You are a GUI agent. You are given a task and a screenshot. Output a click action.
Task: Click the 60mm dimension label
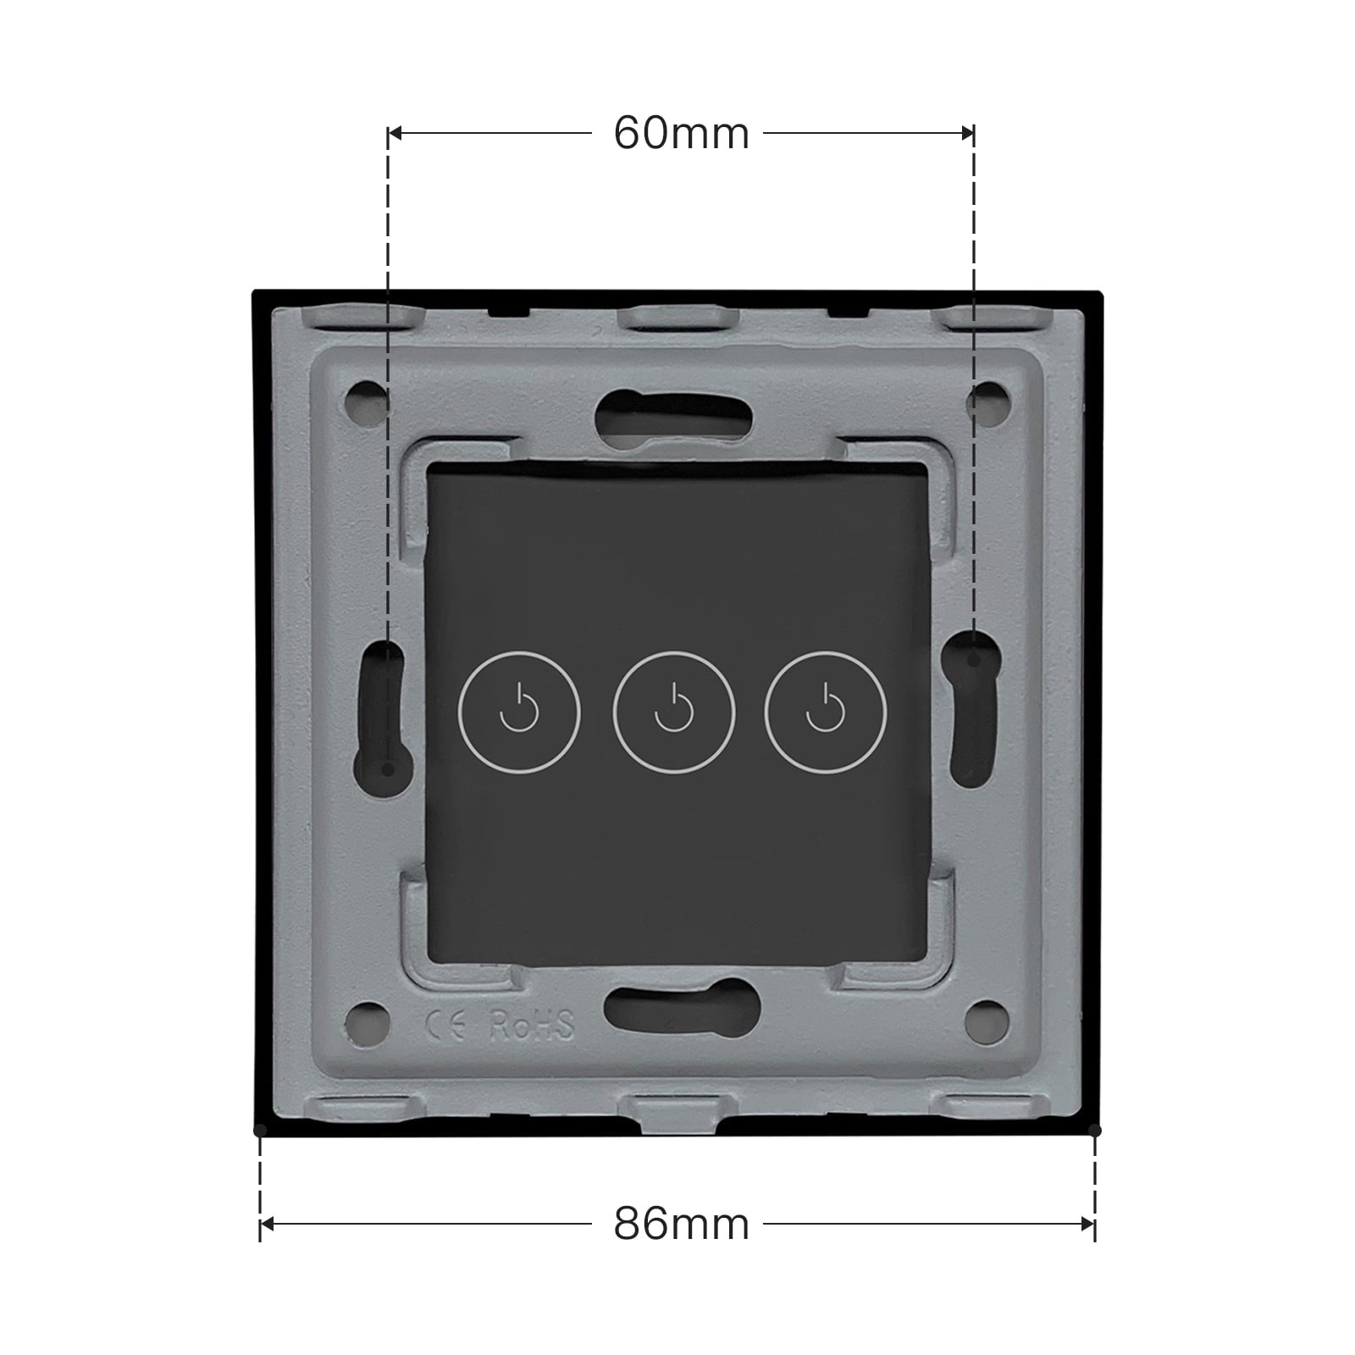click(x=681, y=134)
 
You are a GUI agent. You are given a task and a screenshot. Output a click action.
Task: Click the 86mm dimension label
click(x=681, y=1224)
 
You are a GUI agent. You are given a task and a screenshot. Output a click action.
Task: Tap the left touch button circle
click(x=519, y=711)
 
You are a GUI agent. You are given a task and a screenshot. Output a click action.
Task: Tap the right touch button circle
click(x=825, y=711)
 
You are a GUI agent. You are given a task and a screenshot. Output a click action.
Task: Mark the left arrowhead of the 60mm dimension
click(x=395, y=133)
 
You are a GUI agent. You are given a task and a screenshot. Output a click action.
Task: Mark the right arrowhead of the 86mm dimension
click(x=1088, y=1224)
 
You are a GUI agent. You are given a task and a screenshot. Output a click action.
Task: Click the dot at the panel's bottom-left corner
click(x=260, y=1130)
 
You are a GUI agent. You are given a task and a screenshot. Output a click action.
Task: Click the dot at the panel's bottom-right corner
click(x=1094, y=1130)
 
